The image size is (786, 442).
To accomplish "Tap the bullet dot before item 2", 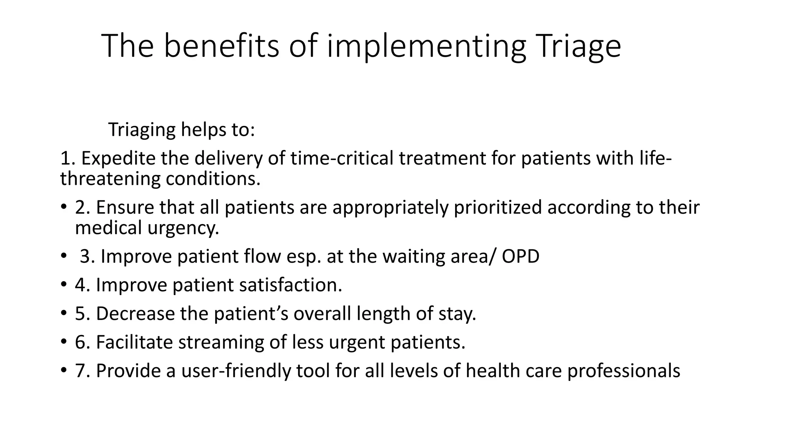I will [63, 207].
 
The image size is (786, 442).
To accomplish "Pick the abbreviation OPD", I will [520, 256].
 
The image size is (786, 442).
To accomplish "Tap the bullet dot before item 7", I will [63, 371].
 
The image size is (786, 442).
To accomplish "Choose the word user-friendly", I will [236, 371].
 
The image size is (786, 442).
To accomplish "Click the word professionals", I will [624, 371].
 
